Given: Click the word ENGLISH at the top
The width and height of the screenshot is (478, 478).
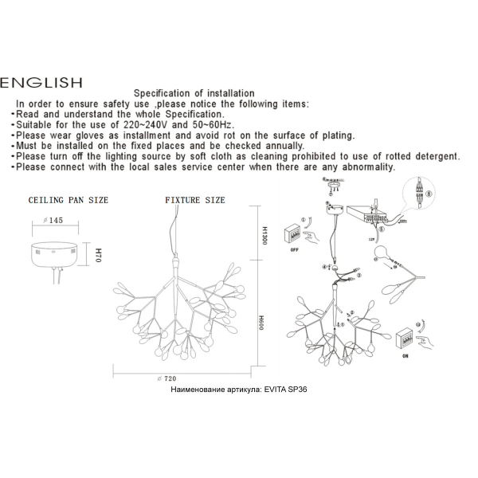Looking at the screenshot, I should pyautogui.click(x=41, y=81).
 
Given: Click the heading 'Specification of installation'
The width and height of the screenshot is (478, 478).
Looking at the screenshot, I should pyautogui.click(x=194, y=94).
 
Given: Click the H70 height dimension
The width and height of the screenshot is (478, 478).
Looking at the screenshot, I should pyautogui.click(x=99, y=257).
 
